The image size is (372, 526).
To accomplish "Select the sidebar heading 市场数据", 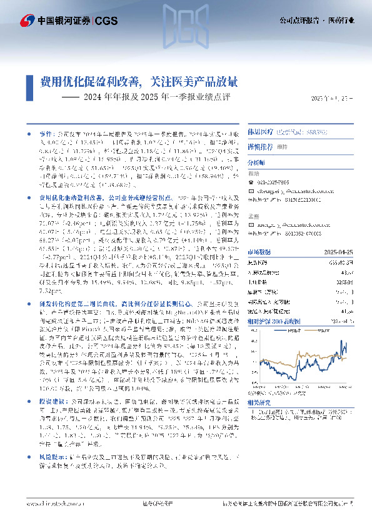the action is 260,252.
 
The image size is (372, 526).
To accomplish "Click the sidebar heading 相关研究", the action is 260,404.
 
